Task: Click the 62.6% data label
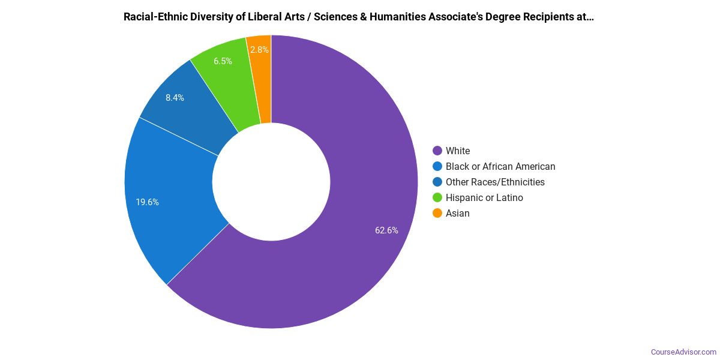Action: pyautogui.click(x=386, y=230)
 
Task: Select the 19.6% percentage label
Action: pyautogui.click(x=147, y=202)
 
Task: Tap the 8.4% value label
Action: pyautogui.click(x=175, y=98)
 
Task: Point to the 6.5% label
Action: pyautogui.click(x=223, y=61)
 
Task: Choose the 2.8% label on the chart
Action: pyautogui.click(x=259, y=50)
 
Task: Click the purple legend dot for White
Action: pyautogui.click(x=437, y=151)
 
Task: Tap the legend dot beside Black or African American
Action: pyautogui.click(x=437, y=166)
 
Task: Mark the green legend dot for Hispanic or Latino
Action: pyautogui.click(x=437, y=197)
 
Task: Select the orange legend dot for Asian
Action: pyautogui.click(x=437, y=213)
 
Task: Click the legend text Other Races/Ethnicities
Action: pyautogui.click(x=495, y=182)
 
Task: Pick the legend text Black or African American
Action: pyautogui.click(x=500, y=166)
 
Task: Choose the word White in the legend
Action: pyautogui.click(x=458, y=151)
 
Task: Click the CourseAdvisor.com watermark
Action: pyautogui.click(x=683, y=352)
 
